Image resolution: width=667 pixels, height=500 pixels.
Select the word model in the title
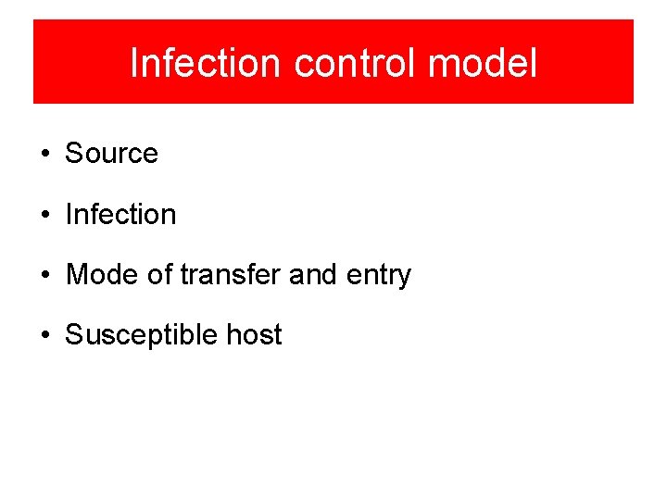(483, 63)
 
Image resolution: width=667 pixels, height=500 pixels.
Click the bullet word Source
(111, 154)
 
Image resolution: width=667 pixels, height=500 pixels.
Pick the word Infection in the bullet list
(120, 215)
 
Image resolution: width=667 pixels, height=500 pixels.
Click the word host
(254, 334)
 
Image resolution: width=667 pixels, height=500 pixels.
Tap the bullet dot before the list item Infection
(45, 216)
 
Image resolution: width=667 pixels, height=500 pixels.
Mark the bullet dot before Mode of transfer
(45, 276)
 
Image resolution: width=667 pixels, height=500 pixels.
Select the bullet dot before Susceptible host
(45, 335)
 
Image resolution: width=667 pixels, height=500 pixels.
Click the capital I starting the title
(134, 63)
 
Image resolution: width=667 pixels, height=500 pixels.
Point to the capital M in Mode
(76, 275)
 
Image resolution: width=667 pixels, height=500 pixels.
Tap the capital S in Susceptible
(73, 334)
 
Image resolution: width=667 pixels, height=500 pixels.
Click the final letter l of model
(533, 63)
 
